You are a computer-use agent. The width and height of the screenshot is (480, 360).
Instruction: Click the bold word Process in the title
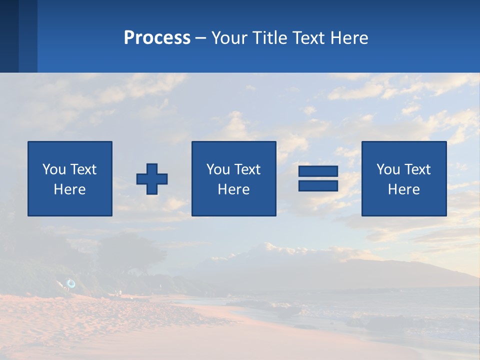pos(157,38)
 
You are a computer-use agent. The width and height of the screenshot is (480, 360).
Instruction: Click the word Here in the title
pos(349,38)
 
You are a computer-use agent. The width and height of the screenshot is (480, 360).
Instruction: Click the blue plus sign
pos(152,179)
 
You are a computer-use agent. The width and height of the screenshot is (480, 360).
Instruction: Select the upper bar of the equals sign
pos(318,171)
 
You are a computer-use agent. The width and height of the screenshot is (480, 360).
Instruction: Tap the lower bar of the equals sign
pos(318,185)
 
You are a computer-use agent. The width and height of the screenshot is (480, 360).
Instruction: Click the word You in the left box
pos(54,169)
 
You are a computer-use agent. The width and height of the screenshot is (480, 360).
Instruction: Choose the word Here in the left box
pos(69,189)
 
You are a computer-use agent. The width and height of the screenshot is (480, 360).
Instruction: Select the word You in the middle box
pos(218,169)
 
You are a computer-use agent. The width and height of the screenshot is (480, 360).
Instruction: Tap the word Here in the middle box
pos(233,189)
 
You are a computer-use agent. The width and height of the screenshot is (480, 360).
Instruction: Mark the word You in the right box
pos(388,169)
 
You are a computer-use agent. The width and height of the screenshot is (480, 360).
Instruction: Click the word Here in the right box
pos(403,189)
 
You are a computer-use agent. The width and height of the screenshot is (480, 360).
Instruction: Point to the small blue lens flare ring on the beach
pos(71,283)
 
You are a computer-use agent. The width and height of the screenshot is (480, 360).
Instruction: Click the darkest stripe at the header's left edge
pos(9,36)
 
